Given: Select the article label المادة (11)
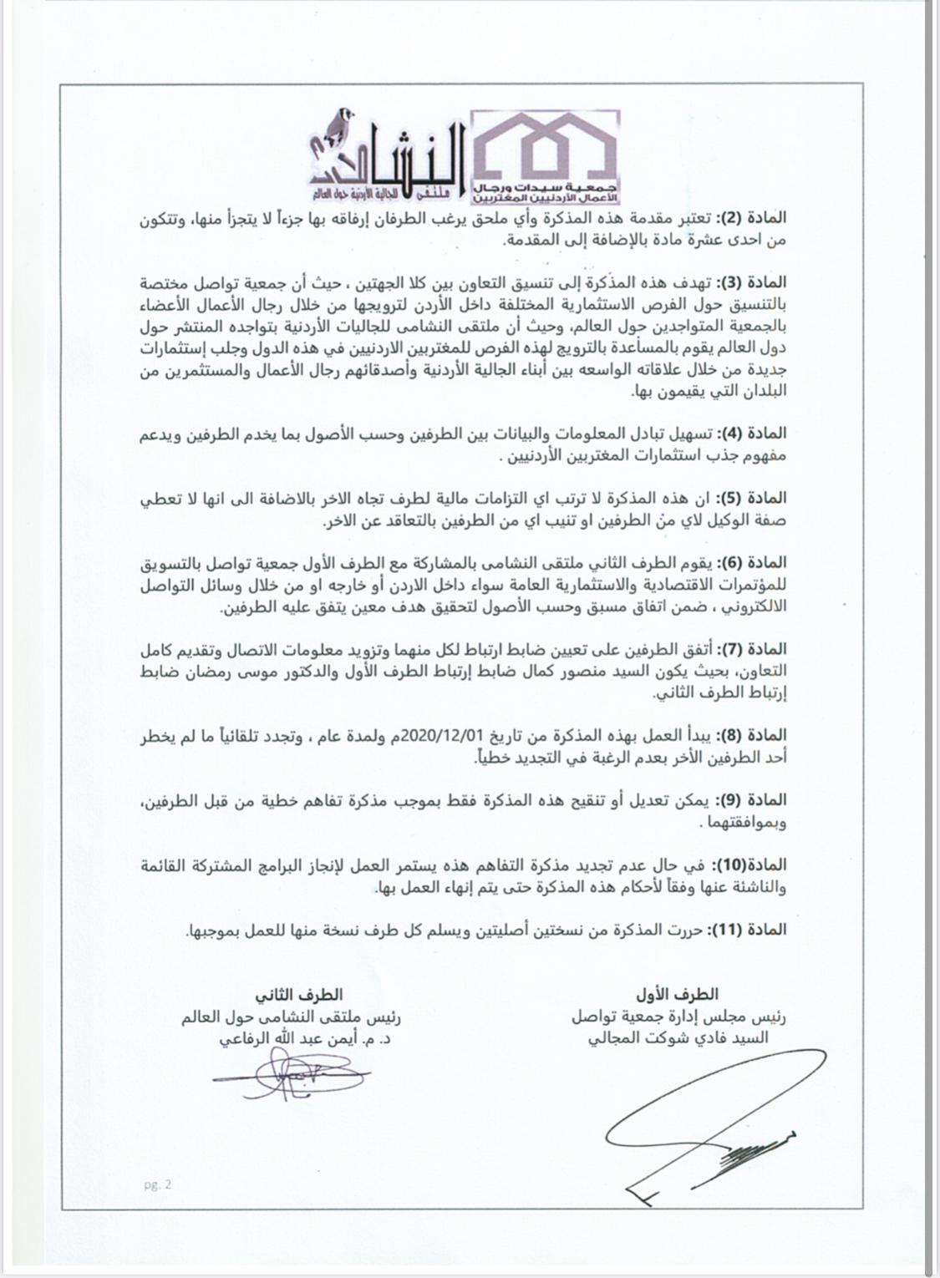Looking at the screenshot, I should tap(749, 929).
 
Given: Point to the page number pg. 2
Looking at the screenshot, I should tap(156, 1184).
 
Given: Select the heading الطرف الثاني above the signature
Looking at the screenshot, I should tap(299, 995).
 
